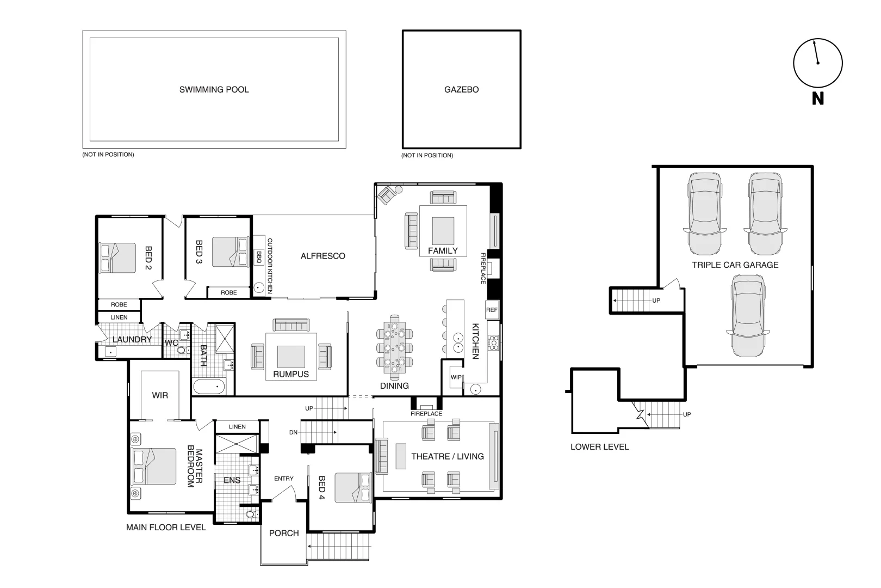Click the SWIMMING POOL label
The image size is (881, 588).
(214, 90)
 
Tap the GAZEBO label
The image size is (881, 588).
(461, 90)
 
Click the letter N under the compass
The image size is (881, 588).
(817, 99)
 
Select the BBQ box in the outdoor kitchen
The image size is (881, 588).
(259, 255)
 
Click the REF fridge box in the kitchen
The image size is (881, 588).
(492, 310)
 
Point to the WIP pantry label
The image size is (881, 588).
(456, 377)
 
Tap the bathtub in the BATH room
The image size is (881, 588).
(209, 387)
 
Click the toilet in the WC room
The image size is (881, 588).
(182, 350)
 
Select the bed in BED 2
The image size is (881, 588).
(117, 258)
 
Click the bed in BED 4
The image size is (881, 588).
(352, 487)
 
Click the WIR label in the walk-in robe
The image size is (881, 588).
(160, 395)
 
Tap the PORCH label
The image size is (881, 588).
(284, 533)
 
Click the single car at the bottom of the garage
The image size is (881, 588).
(748, 316)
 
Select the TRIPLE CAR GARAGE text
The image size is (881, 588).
(735, 265)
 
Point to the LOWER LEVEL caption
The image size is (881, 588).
(599, 447)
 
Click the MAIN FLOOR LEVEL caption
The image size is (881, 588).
(166, 527)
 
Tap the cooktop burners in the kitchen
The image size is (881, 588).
(494, 342)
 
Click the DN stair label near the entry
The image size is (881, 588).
(293, 432)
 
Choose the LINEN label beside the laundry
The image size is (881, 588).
(119, 317)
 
